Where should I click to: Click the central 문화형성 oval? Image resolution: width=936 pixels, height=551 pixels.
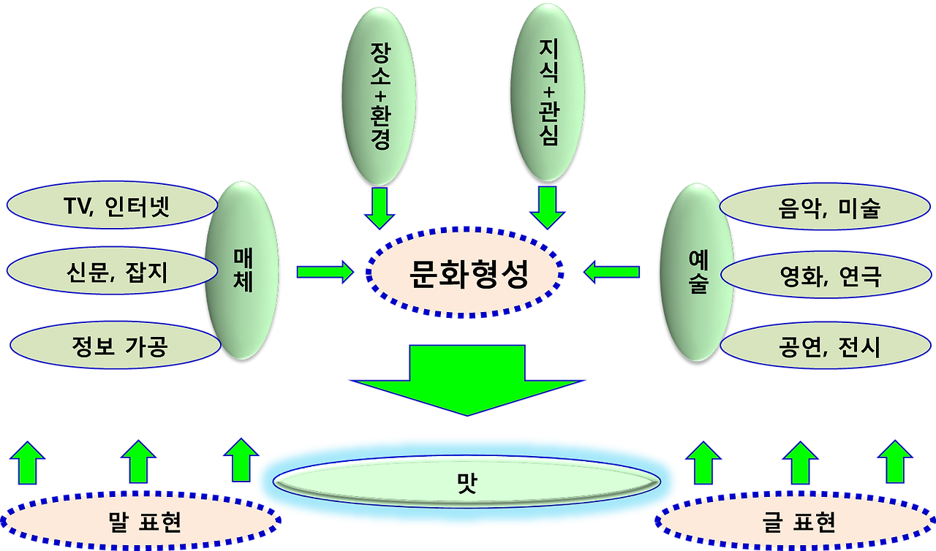[465, 273]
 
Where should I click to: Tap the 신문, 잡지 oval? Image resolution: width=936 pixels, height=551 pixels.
[110, 273]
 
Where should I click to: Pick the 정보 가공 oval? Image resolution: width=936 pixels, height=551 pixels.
[110, 345]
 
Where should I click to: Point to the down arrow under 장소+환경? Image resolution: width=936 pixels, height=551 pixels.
[379, 208]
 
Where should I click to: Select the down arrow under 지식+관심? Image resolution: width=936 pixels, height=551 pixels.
[547, 208]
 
